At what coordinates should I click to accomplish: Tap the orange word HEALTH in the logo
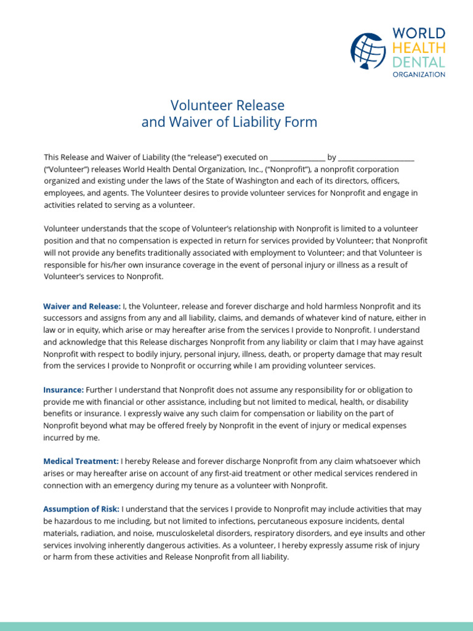tap(418, 47)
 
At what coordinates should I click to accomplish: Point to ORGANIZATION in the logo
tap(419, 74)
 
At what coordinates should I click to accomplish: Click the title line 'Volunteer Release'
tap(227, 105)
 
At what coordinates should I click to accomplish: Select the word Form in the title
tap(303, 122)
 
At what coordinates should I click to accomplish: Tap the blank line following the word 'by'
tap(376, 158)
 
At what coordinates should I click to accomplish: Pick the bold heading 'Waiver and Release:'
tap(82, 306)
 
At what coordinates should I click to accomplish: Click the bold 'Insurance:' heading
tap(63, 390)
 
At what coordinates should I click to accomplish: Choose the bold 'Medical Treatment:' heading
tap(81, 462)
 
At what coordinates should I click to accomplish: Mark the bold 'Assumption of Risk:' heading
tap(82, 509)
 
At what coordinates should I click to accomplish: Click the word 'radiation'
tap(98, 533)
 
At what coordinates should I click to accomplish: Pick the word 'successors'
tap(63, 319)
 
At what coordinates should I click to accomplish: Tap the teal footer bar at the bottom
tap(236, 626)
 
